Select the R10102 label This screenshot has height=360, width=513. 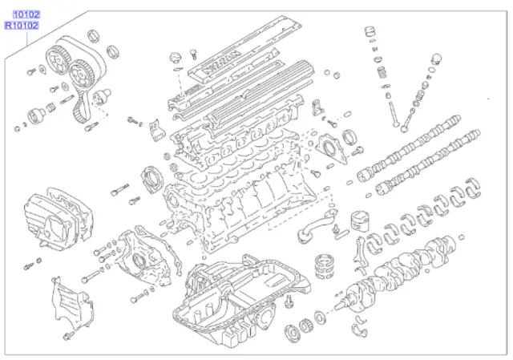(21, 26)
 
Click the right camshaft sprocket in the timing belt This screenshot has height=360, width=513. (79, 76)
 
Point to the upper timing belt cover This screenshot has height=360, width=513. (52, 216)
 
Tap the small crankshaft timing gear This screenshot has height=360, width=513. (305, 327)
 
